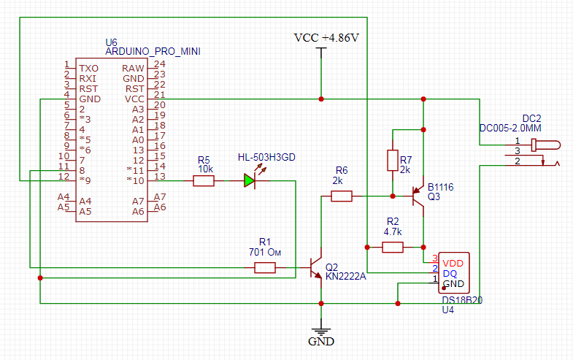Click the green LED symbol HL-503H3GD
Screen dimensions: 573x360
[x=250, y=180]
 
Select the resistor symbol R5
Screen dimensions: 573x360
[x=204, y=181]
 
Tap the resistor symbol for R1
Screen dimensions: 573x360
[x=265, y=268]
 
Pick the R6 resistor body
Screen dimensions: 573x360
[x=342, y=196]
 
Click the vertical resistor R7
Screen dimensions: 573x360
[x=393, y=160]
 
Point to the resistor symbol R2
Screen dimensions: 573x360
[x=393, y=248]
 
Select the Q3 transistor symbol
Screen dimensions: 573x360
[x=418, y=196]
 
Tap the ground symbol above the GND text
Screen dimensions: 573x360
[x=321, y=332]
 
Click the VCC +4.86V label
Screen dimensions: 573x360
[x=327, y=38]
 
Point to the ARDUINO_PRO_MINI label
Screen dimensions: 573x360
[x=153, y=52]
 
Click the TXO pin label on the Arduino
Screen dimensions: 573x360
[x=89, y=69]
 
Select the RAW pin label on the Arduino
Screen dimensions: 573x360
[x=133, y=69]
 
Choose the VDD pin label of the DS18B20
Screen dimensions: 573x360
[x=453, y=264]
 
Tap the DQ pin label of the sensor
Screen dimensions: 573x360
[x=450, y=274]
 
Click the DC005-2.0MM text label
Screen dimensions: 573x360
[x=510, y=128]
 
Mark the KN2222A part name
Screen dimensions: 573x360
[x=346, y=276]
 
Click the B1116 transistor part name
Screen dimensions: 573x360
[x=441, y=187]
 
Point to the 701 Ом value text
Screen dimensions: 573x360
[x=265, y=252]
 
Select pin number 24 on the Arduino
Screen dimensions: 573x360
[x=160, y=64]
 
